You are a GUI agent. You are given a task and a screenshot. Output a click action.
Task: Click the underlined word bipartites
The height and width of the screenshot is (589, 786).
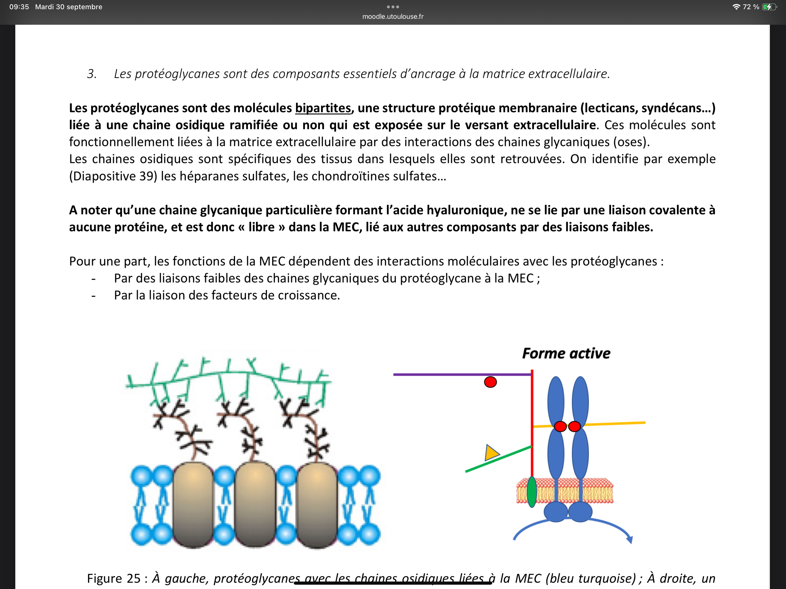[x=323, y=108]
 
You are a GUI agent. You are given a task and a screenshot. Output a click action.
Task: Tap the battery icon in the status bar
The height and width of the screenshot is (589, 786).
[x=768, y=7]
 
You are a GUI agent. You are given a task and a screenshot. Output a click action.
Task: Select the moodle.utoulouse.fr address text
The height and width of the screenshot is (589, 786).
[x=393, y=16]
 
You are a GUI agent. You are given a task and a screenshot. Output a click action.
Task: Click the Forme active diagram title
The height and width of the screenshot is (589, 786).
[x=566, y=353]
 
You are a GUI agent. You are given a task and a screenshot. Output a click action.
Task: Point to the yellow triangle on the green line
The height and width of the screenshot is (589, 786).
[x=491, y=453]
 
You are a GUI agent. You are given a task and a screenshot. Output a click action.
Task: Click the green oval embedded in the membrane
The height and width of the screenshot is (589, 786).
[x=532, y=492]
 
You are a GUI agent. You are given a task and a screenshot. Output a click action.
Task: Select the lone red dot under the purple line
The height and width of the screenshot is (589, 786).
[x=490, y=382]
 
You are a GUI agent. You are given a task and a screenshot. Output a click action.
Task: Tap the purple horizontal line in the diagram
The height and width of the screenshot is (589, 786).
[x=462, y=374]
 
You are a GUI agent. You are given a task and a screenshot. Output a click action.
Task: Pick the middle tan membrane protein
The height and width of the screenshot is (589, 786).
[x=255, y=504]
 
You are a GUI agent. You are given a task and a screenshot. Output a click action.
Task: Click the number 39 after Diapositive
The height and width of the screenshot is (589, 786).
[x=146, y=176]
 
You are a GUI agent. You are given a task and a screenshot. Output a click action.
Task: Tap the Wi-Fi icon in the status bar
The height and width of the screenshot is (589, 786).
[x=736, y=7]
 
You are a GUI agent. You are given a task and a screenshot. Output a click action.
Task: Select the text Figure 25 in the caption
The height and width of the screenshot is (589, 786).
[x=114, y=578]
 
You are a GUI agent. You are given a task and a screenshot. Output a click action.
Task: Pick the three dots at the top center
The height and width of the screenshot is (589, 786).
[x=393, y=7]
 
